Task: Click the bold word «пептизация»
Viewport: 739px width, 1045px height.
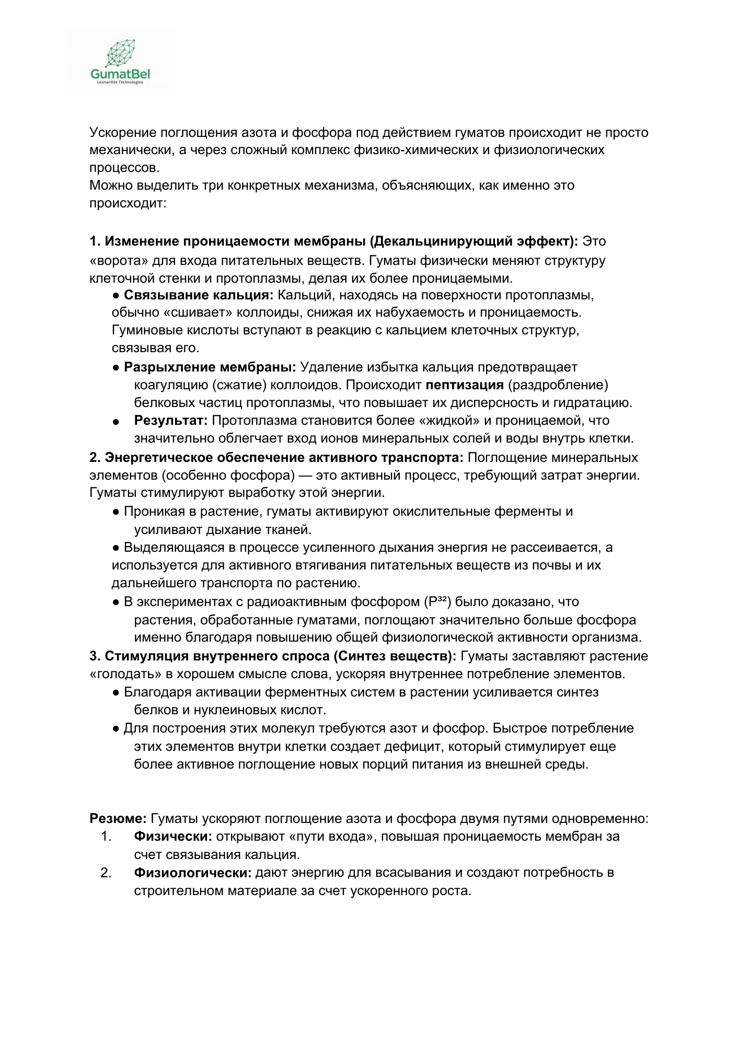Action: (465, 385)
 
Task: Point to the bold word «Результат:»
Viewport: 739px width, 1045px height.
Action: (171, 421)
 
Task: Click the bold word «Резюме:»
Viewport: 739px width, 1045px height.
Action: (118, 818)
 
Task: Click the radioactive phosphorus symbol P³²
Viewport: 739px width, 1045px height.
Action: (437, 602)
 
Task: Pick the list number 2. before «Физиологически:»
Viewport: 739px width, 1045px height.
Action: (106, 873)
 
